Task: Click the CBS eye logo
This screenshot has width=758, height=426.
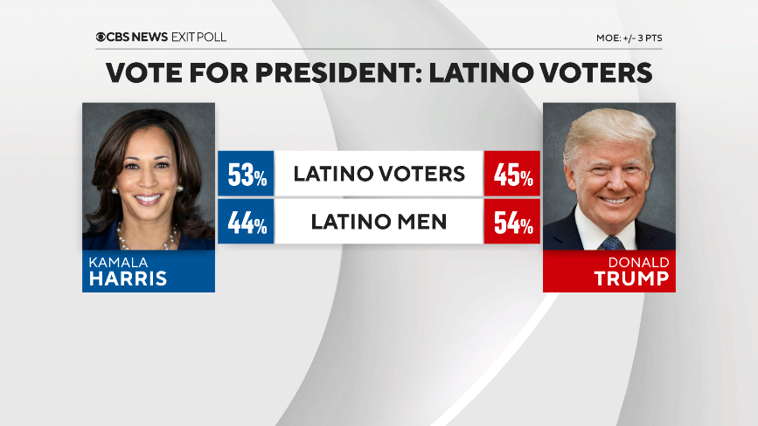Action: click(101, 38)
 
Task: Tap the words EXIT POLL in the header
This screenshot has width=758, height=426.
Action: click(201, 38)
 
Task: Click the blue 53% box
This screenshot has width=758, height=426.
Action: click(246, 174)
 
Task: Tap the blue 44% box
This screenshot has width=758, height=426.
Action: click(246, 223)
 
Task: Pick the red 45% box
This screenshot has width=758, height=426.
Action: click(512, 174)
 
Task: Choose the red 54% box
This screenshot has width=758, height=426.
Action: click(512, 223)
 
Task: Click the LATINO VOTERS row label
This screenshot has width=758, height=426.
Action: click(379, 174)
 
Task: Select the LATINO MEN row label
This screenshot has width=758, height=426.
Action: click(379, 223)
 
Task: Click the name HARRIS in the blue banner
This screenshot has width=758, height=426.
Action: click(127, 278)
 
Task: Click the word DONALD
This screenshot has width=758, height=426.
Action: click(640, 262)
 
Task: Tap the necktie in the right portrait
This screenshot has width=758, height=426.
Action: click(612, 242)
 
